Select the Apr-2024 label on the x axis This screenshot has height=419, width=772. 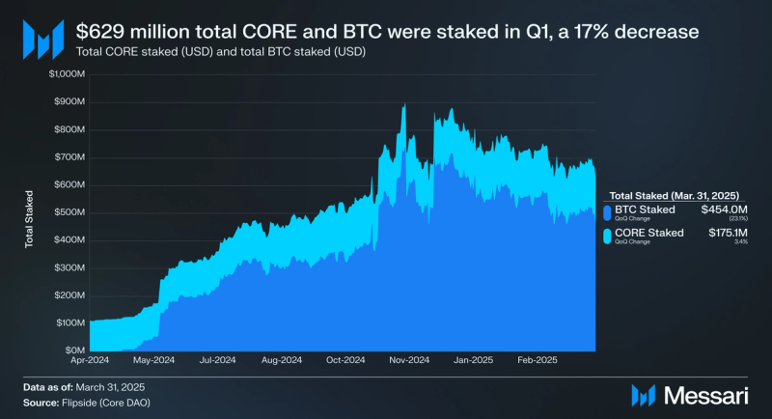click(90, 360)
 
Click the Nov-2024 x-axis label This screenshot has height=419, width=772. click(408, 360)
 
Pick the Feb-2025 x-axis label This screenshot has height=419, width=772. click(535, 360)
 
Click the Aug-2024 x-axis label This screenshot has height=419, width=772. click(281, 360)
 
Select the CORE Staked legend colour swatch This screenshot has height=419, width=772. click(606, 236)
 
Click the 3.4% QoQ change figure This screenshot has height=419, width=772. click(731, 242)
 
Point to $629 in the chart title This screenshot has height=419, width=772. click(98, 31)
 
